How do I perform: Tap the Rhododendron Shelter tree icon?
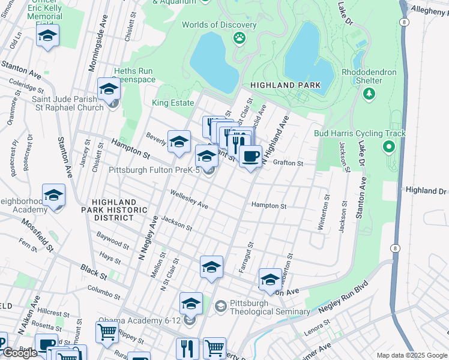click(369, 94)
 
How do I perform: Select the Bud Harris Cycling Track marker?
click(389, 146)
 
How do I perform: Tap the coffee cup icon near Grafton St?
click(250, 157)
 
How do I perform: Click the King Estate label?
click(173, 103)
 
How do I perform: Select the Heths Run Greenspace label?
click(133, 74)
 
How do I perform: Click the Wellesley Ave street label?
click(189, 200)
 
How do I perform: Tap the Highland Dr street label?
click(426, 190)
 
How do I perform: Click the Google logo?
click(20, 353)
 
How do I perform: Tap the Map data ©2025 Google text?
click(411, 355)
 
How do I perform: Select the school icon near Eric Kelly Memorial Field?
click(47, 37)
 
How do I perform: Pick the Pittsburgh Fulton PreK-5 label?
click(154, 170)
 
